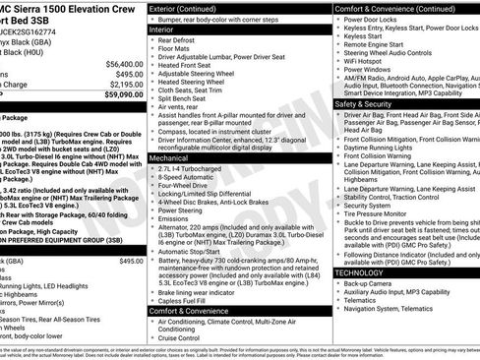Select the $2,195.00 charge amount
125,85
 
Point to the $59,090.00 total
123,96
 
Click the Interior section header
161,30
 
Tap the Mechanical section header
169,156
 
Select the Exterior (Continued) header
184,8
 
